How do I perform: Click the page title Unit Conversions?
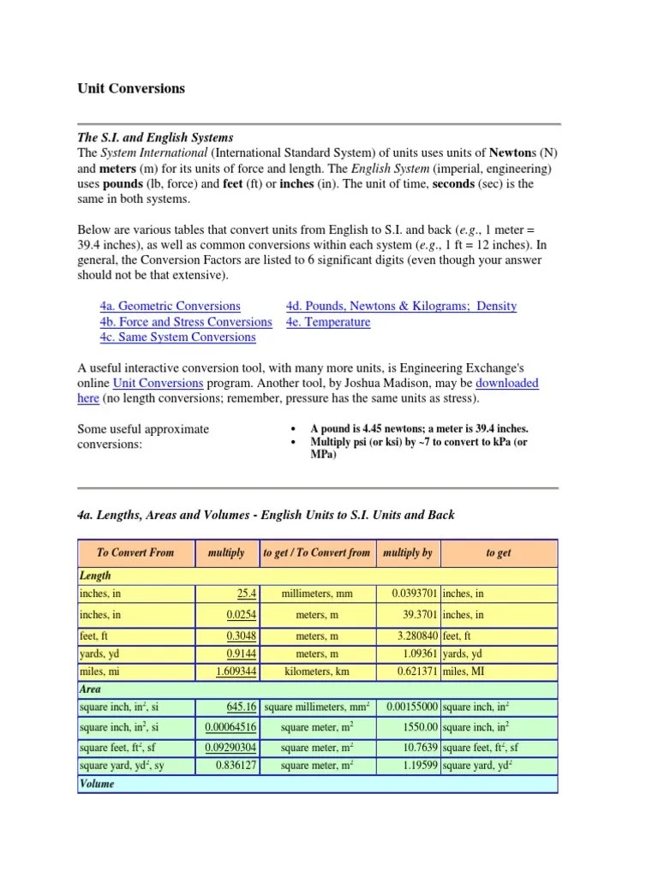(130, 88)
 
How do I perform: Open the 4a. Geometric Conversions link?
(170, 306)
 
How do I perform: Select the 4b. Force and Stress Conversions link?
(185, 322)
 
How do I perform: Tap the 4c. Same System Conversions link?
(177, 337)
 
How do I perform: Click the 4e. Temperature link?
(328, 322)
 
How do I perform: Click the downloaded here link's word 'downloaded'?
(507, 383)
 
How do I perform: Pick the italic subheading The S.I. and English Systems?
(155, 137)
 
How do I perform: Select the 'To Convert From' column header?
(135, 553)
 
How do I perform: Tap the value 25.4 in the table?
(245, 594)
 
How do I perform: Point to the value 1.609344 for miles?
(236, 672)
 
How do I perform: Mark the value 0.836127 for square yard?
(236, 766)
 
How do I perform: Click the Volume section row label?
(97, 784)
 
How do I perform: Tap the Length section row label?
(95, 576)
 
